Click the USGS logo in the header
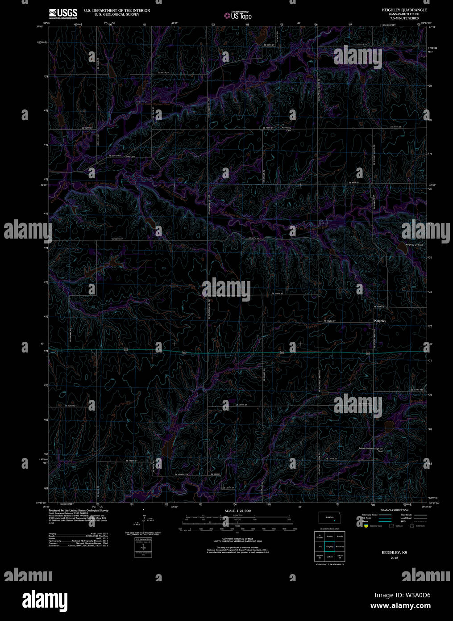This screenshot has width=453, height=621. (63, 13)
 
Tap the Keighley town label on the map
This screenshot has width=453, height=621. (380, 321)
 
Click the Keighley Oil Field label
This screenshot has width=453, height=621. (414, 245)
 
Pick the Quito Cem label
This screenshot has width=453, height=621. (129, 156)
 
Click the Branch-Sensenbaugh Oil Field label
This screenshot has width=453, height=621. (371, 449)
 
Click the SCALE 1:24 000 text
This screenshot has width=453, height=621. (237, 511)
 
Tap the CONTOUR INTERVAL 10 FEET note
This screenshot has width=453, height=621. (237, 539)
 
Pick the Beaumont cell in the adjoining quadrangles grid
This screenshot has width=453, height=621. (340, 546)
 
